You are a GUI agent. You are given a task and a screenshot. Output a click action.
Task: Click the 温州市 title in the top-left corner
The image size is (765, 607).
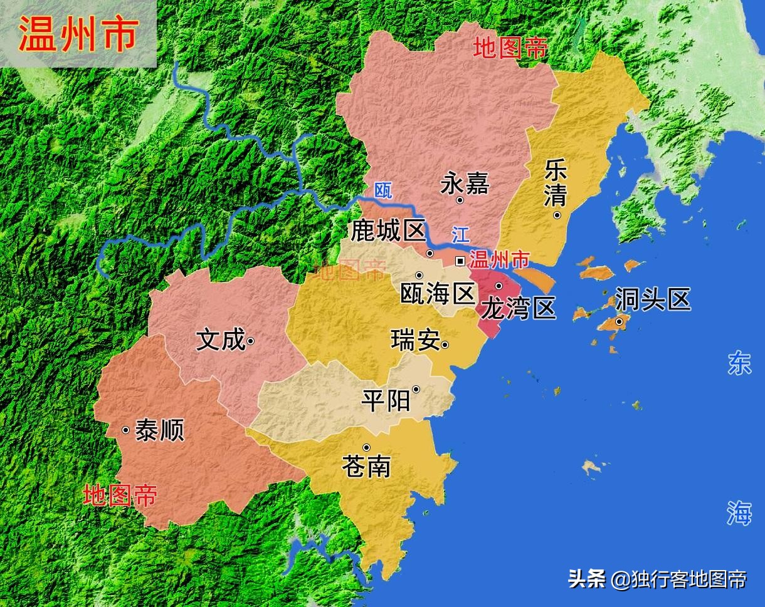(78, 33)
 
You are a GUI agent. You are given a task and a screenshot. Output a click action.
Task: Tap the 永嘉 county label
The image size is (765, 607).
(465, 184)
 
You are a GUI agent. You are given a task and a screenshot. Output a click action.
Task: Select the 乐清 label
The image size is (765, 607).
(556, 182)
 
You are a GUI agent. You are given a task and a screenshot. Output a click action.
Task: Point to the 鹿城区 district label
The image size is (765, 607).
(388, 231)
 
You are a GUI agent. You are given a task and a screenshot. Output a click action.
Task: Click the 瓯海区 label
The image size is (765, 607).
(437, 293)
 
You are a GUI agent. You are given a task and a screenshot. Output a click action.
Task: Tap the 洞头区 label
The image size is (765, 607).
(652, 299)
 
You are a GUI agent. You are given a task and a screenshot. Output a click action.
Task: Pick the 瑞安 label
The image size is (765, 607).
(414, 341)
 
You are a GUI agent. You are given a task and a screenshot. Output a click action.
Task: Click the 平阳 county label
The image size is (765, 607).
(386, 400)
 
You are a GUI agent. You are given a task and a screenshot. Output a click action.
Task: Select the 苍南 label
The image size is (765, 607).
(366, 466)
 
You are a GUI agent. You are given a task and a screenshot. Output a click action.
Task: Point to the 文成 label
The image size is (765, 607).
(220, 340)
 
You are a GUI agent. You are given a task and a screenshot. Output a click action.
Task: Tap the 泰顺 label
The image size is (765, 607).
(159, 430)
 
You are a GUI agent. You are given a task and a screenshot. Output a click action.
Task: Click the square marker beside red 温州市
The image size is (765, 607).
(460, 261)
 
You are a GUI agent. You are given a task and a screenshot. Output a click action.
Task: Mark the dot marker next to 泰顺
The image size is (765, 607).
(126, 430)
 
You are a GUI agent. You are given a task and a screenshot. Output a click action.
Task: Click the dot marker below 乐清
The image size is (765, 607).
(557, 215)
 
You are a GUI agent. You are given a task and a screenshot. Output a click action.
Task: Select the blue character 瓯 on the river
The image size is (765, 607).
(382, 190)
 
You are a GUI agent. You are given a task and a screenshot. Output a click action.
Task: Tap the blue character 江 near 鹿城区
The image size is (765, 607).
(460, 236)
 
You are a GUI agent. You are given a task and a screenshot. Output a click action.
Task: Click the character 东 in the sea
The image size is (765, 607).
(739, 364)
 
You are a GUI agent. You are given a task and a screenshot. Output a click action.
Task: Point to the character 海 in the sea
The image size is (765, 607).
(739, 513)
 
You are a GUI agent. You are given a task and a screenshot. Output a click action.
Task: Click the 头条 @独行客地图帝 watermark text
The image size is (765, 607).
(657, 579)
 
